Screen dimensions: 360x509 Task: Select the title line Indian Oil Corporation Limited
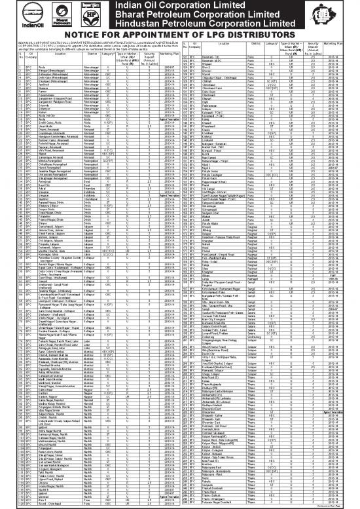click(x=201, y=7)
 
